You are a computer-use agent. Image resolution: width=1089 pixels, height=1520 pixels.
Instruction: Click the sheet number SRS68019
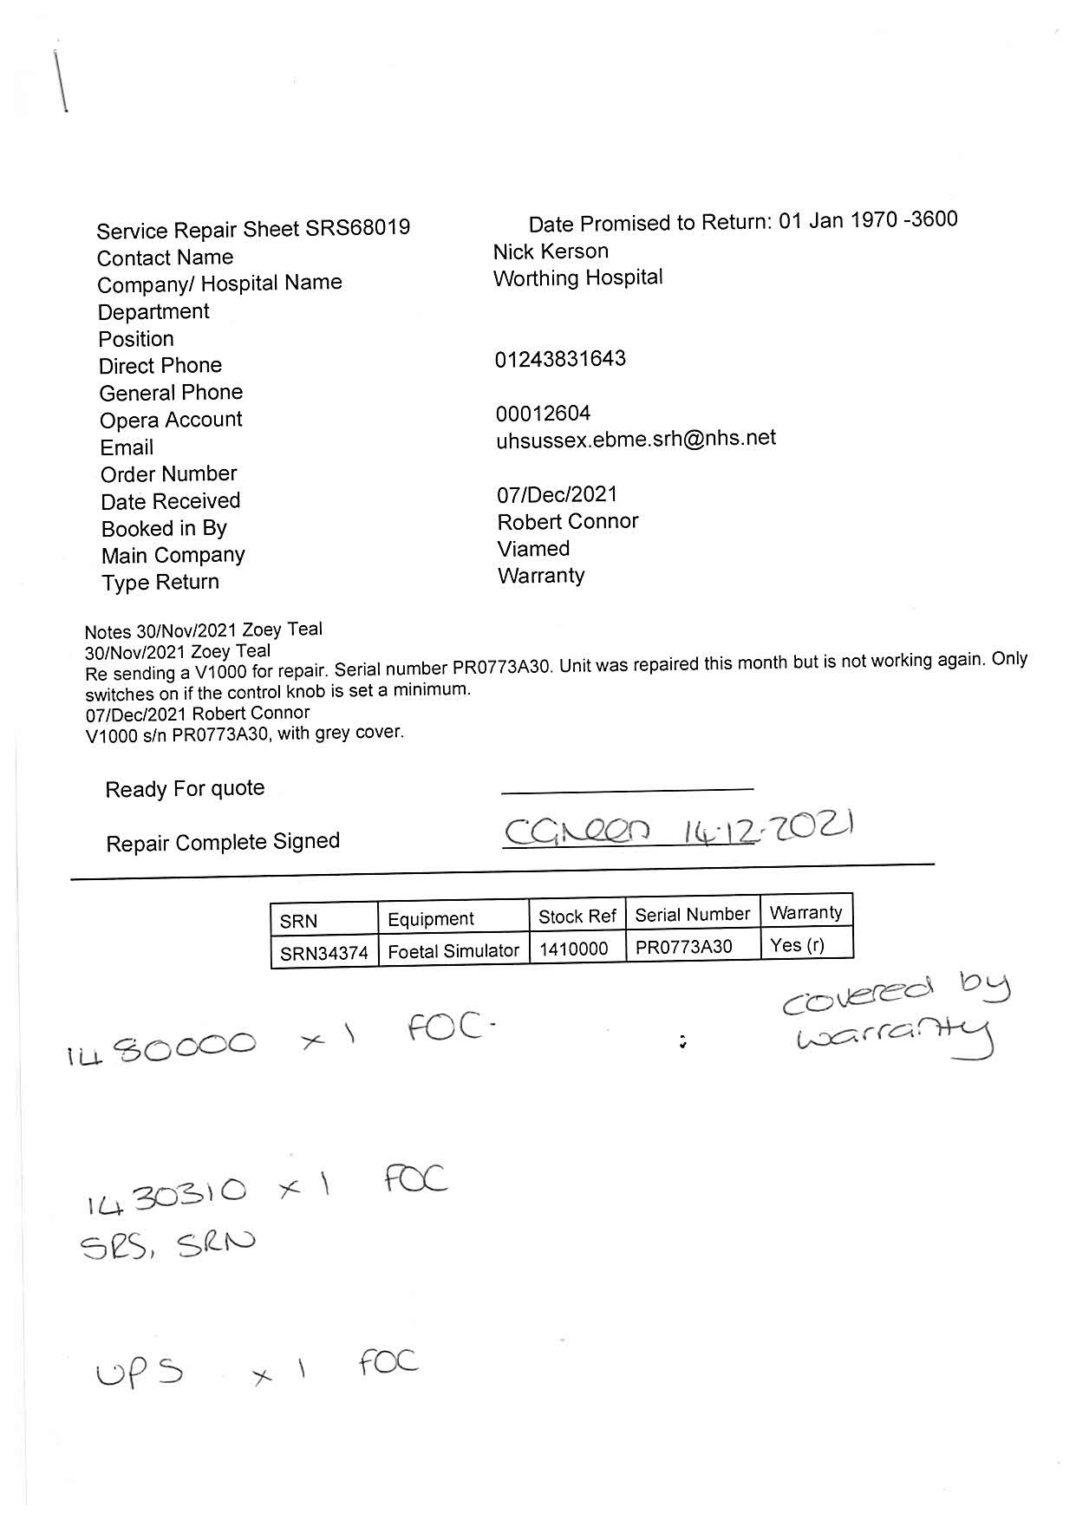(x=358, y=228)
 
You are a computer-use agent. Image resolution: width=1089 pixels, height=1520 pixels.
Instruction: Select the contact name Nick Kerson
(x=551, y=251)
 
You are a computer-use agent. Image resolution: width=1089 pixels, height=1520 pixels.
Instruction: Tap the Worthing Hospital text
(x=577, y=277)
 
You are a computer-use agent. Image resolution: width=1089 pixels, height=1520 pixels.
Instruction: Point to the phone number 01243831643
(x=560, y=359)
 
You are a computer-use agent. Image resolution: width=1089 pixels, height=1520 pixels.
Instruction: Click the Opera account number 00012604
(x=543, y=414)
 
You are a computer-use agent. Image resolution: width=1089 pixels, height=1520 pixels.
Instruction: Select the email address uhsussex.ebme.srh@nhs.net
(x=636, y=439)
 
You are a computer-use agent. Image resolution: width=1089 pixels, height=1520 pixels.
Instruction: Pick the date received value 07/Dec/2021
(x=557, y=494)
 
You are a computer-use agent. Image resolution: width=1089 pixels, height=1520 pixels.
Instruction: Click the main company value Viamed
(x=533, y=549)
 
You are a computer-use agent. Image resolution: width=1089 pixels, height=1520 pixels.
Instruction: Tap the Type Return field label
(x=160, y=582)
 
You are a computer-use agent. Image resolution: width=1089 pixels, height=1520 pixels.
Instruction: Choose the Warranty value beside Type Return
(x=541, y=576)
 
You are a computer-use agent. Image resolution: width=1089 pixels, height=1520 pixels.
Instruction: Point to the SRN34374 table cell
(x=323, y=953)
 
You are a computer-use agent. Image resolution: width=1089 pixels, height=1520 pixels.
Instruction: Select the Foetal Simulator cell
(x=453, y=951)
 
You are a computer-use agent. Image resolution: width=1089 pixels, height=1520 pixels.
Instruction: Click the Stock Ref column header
(x=577, y=917)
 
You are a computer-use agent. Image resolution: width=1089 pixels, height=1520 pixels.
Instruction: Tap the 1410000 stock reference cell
(x=573, y=949)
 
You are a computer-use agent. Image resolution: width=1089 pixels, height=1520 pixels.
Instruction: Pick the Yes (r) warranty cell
(x=797, y=945)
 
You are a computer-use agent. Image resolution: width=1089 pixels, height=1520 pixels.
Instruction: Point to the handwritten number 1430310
(x=166, y=1195)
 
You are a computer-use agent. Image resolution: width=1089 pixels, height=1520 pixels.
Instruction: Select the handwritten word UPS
(x=140, y=1373)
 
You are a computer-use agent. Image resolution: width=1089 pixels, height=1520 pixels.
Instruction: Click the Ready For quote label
(x=185, y=789)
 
